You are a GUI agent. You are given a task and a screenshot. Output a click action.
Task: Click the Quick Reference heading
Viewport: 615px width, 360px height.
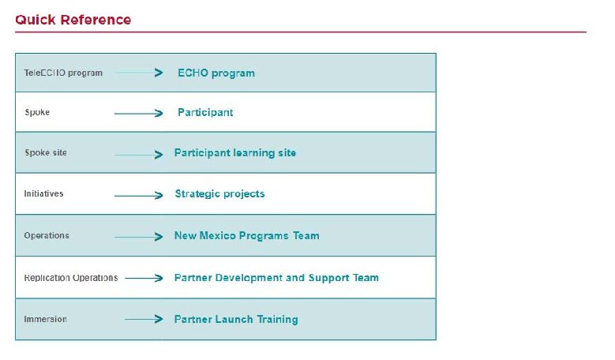pyautogui.click(x=73, y=20)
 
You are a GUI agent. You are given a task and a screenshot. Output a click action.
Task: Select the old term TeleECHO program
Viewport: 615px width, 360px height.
pyautogui.click(x=63, y=73)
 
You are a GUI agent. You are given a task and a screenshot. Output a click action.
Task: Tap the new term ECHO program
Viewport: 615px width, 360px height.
pyautogui.click(x=216, y=73)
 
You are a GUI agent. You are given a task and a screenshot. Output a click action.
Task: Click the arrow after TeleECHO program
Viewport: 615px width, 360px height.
pyautogui.click(x=139, y=73)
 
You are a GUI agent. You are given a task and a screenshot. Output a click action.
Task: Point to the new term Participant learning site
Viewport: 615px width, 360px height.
pyautogui.click(x=235, y=153)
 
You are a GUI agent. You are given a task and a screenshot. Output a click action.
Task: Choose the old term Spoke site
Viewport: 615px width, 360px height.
pyautogui.click(x=46, y=152)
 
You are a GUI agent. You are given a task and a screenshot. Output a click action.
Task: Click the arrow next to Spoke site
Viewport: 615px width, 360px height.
pyautogui.click(x=138, y=155)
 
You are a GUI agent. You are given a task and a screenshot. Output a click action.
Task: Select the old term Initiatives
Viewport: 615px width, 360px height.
pyautogui.click(x=43, y=193)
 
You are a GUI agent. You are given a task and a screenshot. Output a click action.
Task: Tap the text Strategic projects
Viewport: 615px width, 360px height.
pyautogui.click(x=219, y=194)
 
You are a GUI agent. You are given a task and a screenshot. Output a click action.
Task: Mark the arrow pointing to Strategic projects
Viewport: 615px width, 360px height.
pyautogui.click(x=138, y=195)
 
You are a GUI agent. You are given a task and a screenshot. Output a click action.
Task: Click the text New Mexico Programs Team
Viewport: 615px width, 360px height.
pyautogui.click(x=246, y=236)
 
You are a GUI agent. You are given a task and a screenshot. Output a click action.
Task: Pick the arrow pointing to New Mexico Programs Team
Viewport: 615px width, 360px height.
pyautogui.click(x=138, y=237)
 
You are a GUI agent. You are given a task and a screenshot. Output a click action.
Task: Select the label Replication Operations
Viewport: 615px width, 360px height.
pyautogui.click(x=70, y=278)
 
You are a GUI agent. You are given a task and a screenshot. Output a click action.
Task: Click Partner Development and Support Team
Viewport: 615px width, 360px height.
pyautogui.click(x=276, y=278)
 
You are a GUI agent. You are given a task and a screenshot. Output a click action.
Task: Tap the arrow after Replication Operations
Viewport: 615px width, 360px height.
pyautogui.click(x=144, y=278)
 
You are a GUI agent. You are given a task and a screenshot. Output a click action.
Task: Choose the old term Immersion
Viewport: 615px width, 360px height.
pyautogui.click(x=45, y=319)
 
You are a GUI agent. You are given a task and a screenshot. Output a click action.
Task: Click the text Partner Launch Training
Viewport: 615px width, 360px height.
pyautogui.click(x=236, y=320)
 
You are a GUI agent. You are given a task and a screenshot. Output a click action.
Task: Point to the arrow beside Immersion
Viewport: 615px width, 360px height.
pyautogui.click(x=144, y=319)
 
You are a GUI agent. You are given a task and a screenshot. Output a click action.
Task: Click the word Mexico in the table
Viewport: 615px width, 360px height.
pyautogui.click(x=218, y=236)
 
